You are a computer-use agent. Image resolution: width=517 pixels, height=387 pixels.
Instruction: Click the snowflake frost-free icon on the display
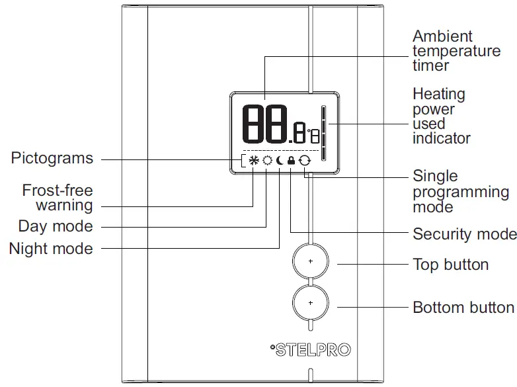pyautogui.click(x=253, y=160)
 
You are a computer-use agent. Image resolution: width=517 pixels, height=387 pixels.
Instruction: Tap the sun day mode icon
pyautogui.click(x=266, y=160)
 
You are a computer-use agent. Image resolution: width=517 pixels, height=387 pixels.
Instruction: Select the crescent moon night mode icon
pyautogui.click(x=280, y=160)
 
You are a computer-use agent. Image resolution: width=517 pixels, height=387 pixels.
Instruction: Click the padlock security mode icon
pyautogui.click(x=292, y=160)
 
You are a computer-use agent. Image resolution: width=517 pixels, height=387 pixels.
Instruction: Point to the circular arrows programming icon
pyautogui.click(x=304, y=160)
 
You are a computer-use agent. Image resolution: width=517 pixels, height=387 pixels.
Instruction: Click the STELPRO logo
pyautogui.click(x=311, y=349)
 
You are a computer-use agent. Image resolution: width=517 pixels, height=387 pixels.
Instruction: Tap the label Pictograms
pyautogui.click(x=52, y=159)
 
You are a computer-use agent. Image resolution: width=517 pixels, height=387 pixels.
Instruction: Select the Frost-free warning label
pyautogui.click(x=58, y=198)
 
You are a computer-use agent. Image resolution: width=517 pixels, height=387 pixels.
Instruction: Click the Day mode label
pyautogui.click(x=56, y=227)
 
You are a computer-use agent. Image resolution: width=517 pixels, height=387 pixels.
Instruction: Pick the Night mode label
pyautogui.click(x=51, y=249)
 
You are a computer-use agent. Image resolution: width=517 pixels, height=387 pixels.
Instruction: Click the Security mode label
pyautogui.click(x=464, y=234)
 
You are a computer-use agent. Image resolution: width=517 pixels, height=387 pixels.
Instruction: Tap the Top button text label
pyautogui.click(x=450, y=265)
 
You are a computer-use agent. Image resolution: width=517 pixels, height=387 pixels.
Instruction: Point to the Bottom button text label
pyautogui.click(x=463, y=308)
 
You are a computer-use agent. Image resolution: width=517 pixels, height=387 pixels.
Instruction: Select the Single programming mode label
pyautogui.click(x=460, y=192)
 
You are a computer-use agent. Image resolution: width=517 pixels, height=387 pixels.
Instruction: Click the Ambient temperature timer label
pyautogui.click(x=456, y=51)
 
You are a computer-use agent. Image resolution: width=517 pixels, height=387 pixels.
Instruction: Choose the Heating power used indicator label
pyautogui.click(x=441, y=116)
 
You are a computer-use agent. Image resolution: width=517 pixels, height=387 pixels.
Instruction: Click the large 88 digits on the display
pyautogui.click(x=264, y=124)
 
